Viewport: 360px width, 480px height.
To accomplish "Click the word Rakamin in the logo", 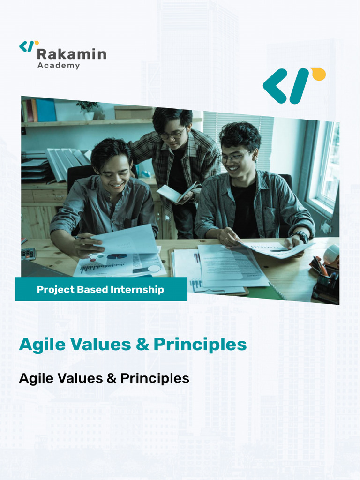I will click(x=71, y=53).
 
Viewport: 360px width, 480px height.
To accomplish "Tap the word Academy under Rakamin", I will click(x=59, y=66).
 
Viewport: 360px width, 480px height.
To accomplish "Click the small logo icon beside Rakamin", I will click(x=29, y=46).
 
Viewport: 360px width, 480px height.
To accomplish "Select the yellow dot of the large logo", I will click(x=318, y=74).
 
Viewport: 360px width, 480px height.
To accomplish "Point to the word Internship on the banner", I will click(x=137, y=290).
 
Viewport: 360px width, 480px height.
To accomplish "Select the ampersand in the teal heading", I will click(x=142, y=345).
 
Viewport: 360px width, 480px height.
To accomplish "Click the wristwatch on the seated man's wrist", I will click(x=300, y=235).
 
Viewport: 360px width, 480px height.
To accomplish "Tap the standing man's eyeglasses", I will click(x=172, y=135).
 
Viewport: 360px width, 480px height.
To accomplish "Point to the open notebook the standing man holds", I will click(x=174, y=193).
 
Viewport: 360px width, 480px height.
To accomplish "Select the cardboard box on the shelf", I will click(x=133, y=112).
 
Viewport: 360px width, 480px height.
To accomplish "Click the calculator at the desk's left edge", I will click(x=28, y=254).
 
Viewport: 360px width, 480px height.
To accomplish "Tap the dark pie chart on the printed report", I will click(x=117, y=256).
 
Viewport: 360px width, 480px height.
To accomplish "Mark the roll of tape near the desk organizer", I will click(x=331, y=254).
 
